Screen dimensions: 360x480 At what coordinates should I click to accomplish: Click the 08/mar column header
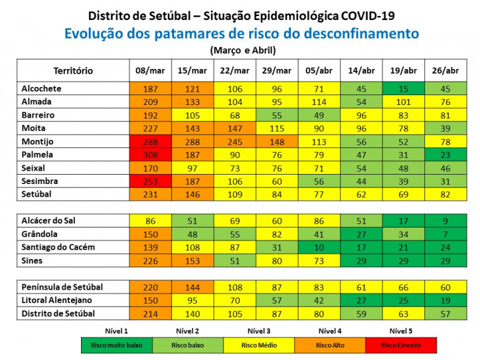(151, 70)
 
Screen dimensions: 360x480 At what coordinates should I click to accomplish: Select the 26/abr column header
(446, 70)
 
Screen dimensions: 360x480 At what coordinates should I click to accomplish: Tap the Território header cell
(73, 70)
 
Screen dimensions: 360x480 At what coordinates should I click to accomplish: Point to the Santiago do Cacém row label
(59, 247)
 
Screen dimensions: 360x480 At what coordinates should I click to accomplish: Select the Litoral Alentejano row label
(56, 300)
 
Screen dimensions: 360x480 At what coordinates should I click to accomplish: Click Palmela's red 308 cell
(151, 155)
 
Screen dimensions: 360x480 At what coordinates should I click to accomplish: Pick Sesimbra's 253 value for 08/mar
(151, 181)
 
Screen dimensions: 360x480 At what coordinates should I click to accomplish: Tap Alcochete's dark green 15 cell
(404, 88)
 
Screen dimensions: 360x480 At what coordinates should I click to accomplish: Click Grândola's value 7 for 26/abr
(446, 234)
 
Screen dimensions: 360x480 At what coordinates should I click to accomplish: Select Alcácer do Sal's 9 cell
(446, 220)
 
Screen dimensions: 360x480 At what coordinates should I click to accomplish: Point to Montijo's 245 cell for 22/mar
(235, 141)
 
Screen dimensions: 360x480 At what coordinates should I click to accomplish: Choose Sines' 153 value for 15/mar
(193, 260)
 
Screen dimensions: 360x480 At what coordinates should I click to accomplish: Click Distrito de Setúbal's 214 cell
(151, 313)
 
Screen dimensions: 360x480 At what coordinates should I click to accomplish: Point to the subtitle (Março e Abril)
(242, 50)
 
